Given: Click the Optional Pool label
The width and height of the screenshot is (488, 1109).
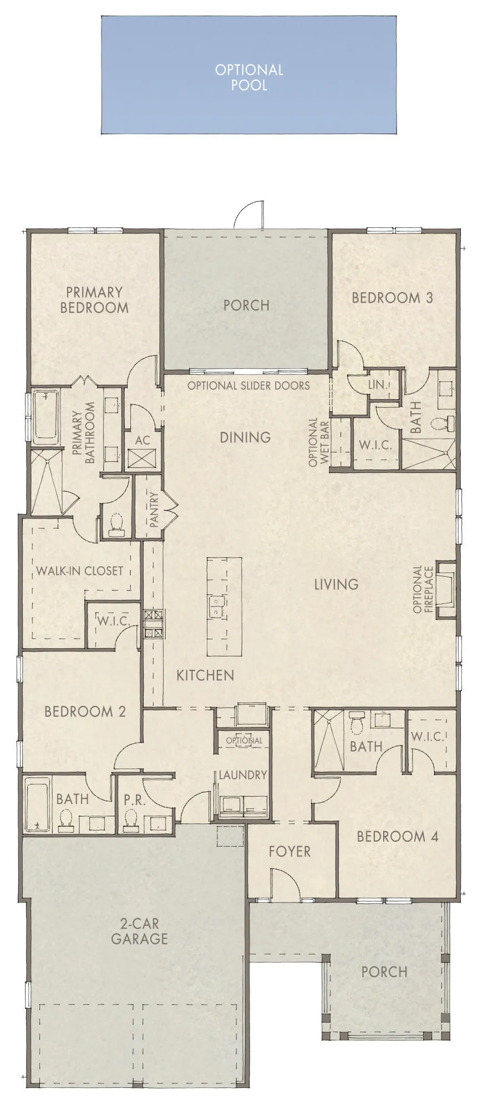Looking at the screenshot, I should pyautogui.click(x=249, y=77).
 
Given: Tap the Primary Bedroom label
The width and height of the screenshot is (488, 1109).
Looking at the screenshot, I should pyautogui.click(x=94, y=300).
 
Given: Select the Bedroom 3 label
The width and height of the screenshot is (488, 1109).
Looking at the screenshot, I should pyautogui.click(x=392, y=298).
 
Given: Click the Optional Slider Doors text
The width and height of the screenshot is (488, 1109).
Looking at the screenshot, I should pyautogui.click(x=248, y=385).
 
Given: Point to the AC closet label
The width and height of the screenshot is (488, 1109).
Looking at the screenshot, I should pyautogui.click(x=143, y=440).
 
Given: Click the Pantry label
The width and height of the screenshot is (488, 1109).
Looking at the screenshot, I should pyautogui.click(x=154, y=510).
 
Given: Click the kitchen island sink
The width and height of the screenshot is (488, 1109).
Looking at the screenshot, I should pyautogui.click(x=215, y=606).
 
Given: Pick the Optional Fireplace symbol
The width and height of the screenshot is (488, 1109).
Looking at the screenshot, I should pyautogui.click(x=445, y=589).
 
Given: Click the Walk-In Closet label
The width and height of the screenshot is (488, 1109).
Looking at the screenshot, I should pyautogui.click(x=79, y=571).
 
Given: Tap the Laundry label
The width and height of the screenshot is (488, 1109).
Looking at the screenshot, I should pyautogui.click(x=242, y=775).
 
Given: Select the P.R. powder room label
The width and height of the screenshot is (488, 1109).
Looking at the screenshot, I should pyautogui.click(x=134, y=800).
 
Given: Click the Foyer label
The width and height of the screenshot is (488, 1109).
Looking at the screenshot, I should pyautogui.click(x=289, y=851).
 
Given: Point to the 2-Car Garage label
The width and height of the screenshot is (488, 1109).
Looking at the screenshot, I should pyautogui.click(x=139, y=931).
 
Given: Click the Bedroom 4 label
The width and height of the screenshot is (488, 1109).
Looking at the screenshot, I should pyautogui.click(x=397, y=836).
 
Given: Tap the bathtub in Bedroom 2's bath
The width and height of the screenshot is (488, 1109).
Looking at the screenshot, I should pyautogui.click(x=37, y=803).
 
